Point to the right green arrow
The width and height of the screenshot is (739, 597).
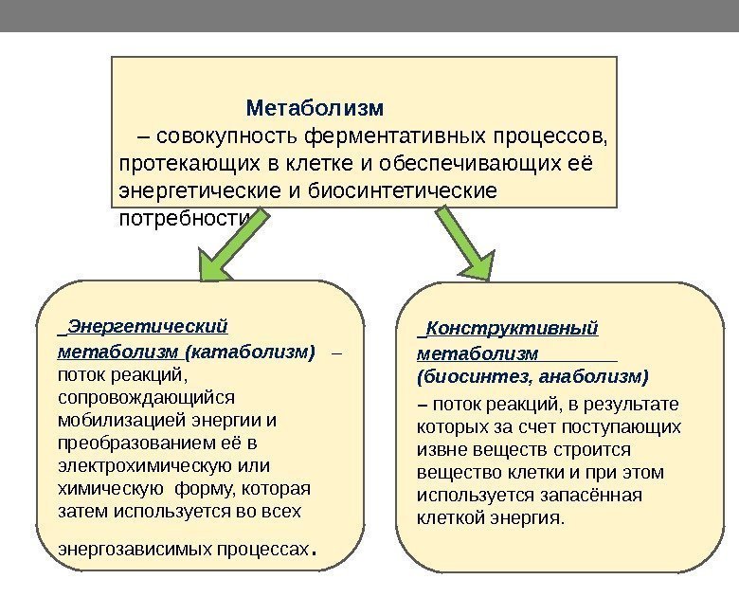(466, 244)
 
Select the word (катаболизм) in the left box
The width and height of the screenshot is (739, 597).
(250, 353)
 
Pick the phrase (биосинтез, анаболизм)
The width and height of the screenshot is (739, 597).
(532, 377)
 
